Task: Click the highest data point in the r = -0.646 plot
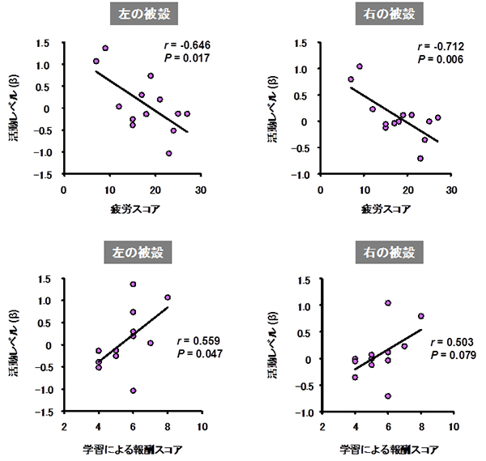105,48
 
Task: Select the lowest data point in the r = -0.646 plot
168,153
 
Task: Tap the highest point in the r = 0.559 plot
133,284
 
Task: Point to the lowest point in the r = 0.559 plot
133,391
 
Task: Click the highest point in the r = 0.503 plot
388,303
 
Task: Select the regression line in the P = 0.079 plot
387,350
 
